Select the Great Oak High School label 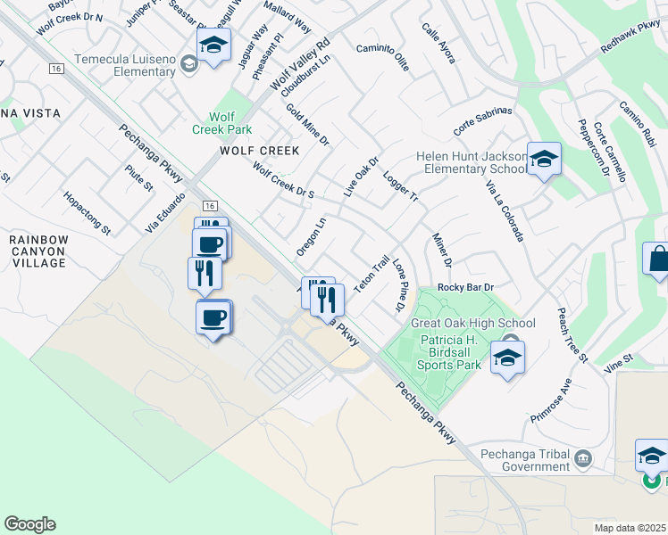[x=472, y=324]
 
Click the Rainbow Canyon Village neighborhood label [x=38, y=251]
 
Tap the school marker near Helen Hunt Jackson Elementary [x=544, y=160]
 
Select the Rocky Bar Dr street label [x=465, y=287]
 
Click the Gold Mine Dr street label [x=308, y=125]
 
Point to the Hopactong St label [x=87, y=212]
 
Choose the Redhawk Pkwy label [x=630, y=37]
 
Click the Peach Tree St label [x=572, y=334]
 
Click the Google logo [x=29, y=524]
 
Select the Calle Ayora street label [x=438, y=43]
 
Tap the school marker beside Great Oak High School [x=507, y=358]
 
